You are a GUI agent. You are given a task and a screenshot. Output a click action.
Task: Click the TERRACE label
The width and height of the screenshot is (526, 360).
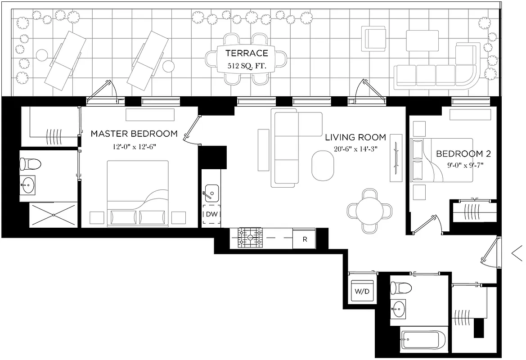click(246, 53)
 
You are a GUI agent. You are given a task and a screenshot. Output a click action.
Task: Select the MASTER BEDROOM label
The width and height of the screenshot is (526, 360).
click(134, 134)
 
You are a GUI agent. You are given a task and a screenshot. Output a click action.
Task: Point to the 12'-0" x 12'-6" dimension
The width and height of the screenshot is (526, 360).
click(135, 146)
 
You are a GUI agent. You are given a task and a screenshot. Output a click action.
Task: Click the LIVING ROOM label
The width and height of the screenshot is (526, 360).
click(355, 137)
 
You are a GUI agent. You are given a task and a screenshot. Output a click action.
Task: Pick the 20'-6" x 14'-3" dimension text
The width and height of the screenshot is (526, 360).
click(355, 149)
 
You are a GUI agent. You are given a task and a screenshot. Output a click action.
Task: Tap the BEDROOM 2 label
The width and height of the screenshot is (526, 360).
click(463, 154)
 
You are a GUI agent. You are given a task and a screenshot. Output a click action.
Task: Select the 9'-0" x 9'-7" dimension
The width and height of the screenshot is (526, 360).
click(463, 165)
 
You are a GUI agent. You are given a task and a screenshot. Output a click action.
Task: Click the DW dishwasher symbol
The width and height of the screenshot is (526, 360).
click(211, 215)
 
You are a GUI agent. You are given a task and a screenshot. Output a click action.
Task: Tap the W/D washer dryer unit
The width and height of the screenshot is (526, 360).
click(362, 291)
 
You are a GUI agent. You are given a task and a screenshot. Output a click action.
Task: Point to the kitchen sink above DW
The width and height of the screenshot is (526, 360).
click(211, 194)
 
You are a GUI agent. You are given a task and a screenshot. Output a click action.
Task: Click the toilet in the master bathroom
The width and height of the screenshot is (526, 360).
click(31, 163)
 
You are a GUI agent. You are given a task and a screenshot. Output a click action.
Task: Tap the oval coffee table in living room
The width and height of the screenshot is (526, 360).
click(324, 166)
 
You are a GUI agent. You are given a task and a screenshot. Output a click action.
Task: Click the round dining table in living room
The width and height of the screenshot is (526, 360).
click(369, 210)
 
